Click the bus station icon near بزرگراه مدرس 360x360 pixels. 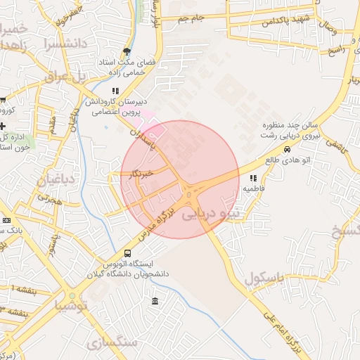pyautogui.click(x=127, y=253)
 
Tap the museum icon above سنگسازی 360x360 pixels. pyautogui.click(x=155, y=302)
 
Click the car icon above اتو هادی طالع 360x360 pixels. pyautogui.click(x=287, y=150)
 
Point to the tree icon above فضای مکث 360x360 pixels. pyautogui.click(x=127, y=51)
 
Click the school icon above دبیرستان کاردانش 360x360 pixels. pyautogui.click(x=115, y=91)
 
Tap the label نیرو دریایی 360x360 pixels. pyautogui.click(x=211, y=214)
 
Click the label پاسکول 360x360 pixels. pyautogui.click(x=267, y=279)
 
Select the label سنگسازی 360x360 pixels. pyautogui.click(x=112, y=342)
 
